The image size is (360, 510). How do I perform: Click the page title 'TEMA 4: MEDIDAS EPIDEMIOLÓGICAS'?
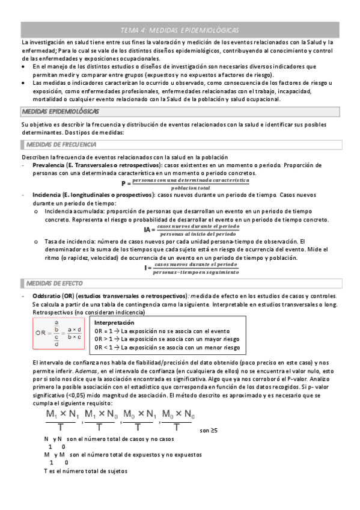click(x=180, y=29)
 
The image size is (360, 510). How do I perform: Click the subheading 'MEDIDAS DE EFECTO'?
click(x=55, y=283)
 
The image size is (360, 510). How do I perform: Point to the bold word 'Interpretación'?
click(x=115, y=323)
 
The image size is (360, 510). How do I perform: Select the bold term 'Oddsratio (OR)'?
click(x=53, y=296)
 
